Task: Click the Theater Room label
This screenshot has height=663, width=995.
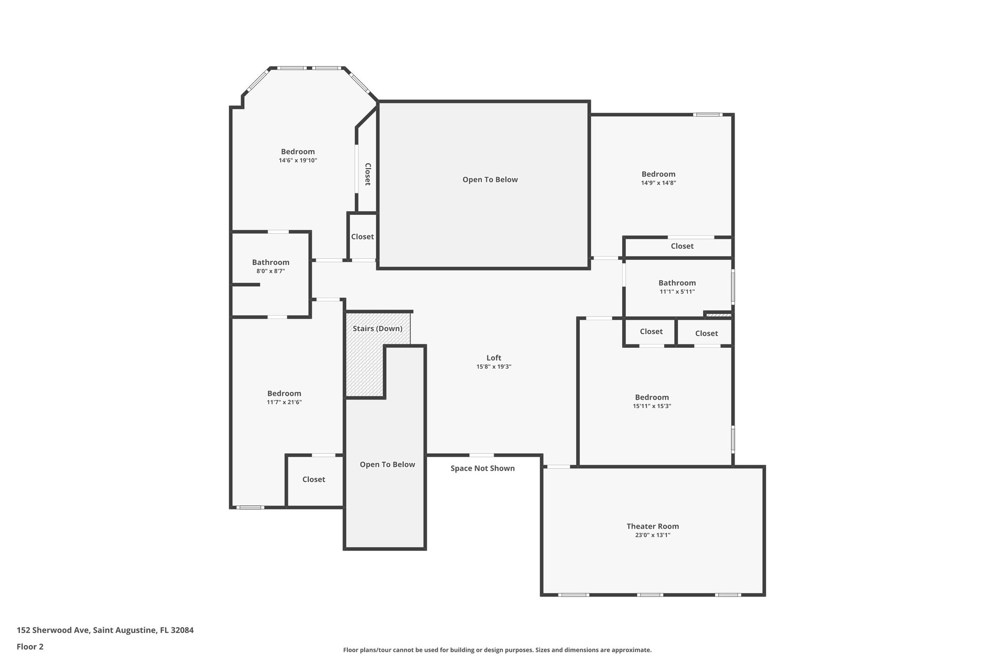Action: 652,526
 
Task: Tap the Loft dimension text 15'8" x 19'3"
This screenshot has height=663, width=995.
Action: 494,367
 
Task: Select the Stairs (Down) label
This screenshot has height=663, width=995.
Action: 377,329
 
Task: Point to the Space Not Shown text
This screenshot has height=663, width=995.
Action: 482,468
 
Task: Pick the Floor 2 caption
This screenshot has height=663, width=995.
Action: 30,646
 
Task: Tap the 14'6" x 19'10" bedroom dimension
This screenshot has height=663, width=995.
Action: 298,160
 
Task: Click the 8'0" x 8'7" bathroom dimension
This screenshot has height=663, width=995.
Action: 271,271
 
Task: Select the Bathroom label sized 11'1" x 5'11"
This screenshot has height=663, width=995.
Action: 677,283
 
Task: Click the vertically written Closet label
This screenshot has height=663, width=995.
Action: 368,174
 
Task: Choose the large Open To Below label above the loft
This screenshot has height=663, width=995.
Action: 490,180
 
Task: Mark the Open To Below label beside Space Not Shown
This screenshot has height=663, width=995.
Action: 387,464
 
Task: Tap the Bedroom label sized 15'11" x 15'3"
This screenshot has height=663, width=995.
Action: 652,397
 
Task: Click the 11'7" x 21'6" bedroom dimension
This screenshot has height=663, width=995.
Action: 284,402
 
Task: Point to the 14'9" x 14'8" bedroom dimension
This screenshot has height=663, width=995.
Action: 658,183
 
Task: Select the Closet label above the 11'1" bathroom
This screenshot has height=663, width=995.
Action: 682,246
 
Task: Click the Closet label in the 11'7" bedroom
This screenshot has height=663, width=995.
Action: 313,479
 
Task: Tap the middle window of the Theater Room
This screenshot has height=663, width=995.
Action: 650,595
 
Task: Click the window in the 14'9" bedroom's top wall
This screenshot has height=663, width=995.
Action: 707,115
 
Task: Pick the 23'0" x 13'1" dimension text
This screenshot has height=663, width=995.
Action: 652,535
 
